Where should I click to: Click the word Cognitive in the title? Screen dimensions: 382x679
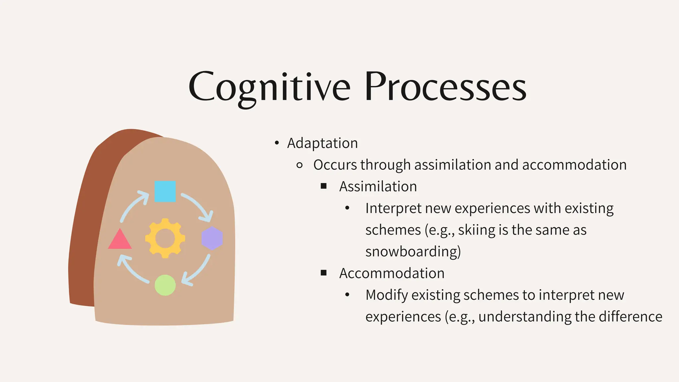click(x=269, y=87)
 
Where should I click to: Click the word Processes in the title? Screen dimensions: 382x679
click(x=445, y=87)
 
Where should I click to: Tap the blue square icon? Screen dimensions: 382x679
click(x=165, y=191)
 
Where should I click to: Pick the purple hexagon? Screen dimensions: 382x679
click(x=212, y=238)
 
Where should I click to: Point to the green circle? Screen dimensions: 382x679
click(x=165, y=285)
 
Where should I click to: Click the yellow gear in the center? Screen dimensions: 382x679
click(x=165, y=238)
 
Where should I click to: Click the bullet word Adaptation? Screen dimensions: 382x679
click(x=322, y=143)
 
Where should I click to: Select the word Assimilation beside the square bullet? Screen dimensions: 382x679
click(x=378, y=186)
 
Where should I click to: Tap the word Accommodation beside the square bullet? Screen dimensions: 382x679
click(x=392, y=273)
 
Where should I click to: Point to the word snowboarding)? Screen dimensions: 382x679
click(x=413, y=251)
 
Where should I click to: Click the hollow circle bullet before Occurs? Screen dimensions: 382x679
click(x=299, y=165)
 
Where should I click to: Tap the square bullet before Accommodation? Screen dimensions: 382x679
click(x=324, y=273)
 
